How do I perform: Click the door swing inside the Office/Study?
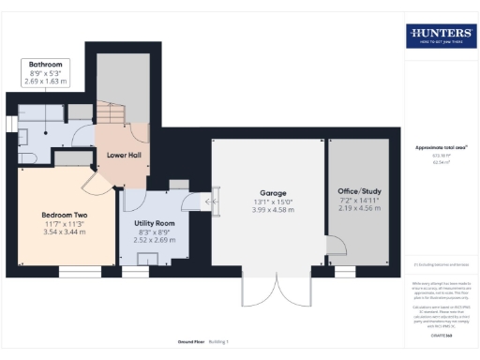click(x=334, y=246)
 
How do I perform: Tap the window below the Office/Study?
click(x=345, y=271)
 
